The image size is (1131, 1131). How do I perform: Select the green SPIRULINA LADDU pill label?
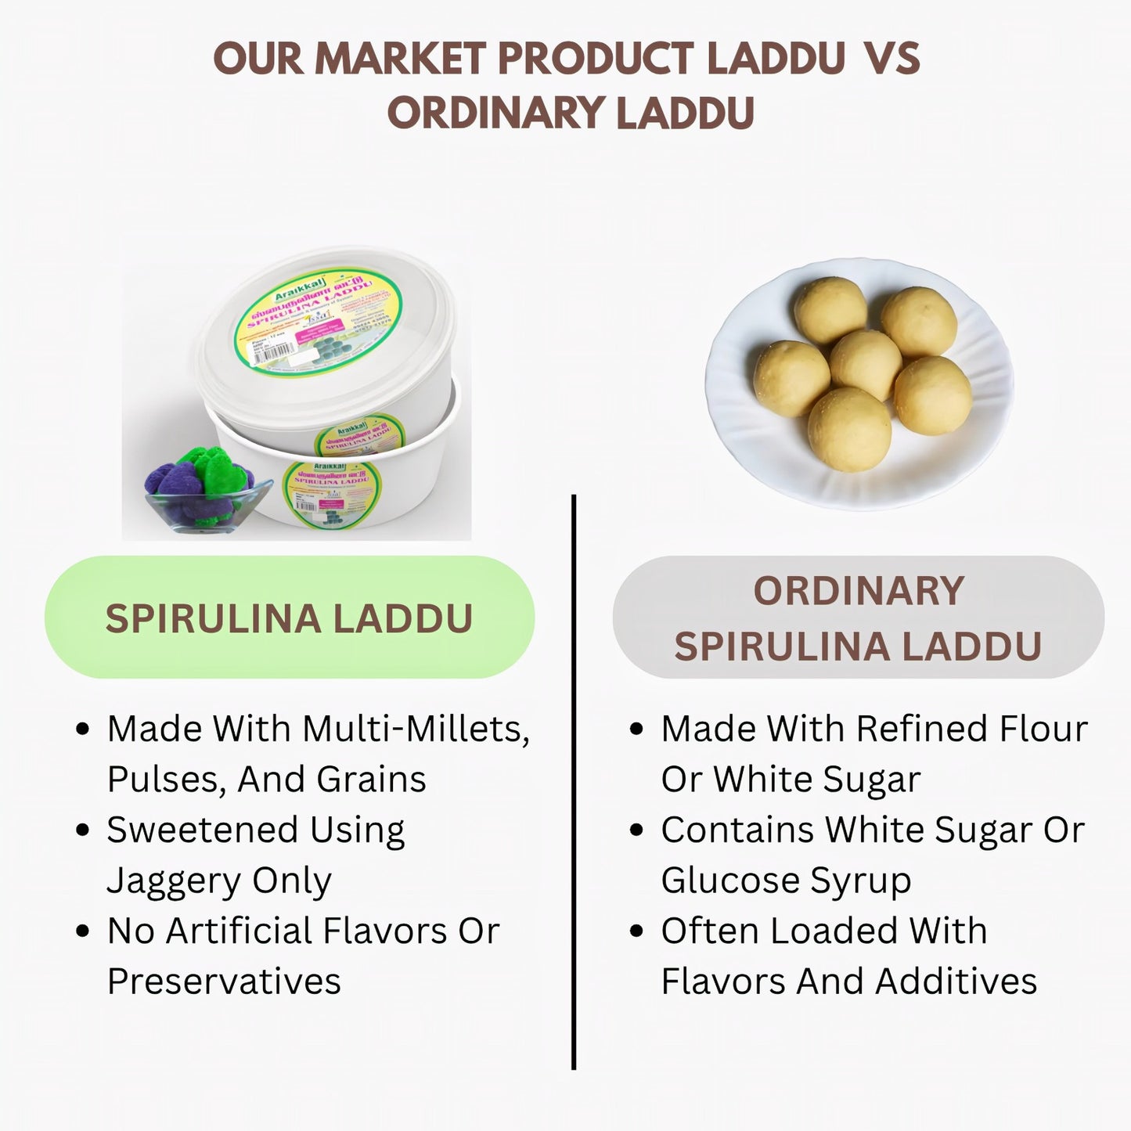coord(290,618)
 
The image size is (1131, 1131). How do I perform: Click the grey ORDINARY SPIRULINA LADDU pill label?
coord(858,618)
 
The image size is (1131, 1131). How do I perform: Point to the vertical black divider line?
coord(574,783)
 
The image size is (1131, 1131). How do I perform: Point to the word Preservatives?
coord(224,982)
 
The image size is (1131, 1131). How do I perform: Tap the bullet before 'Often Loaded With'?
coord(637,931)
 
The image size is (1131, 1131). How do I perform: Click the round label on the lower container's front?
coord(330,493)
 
